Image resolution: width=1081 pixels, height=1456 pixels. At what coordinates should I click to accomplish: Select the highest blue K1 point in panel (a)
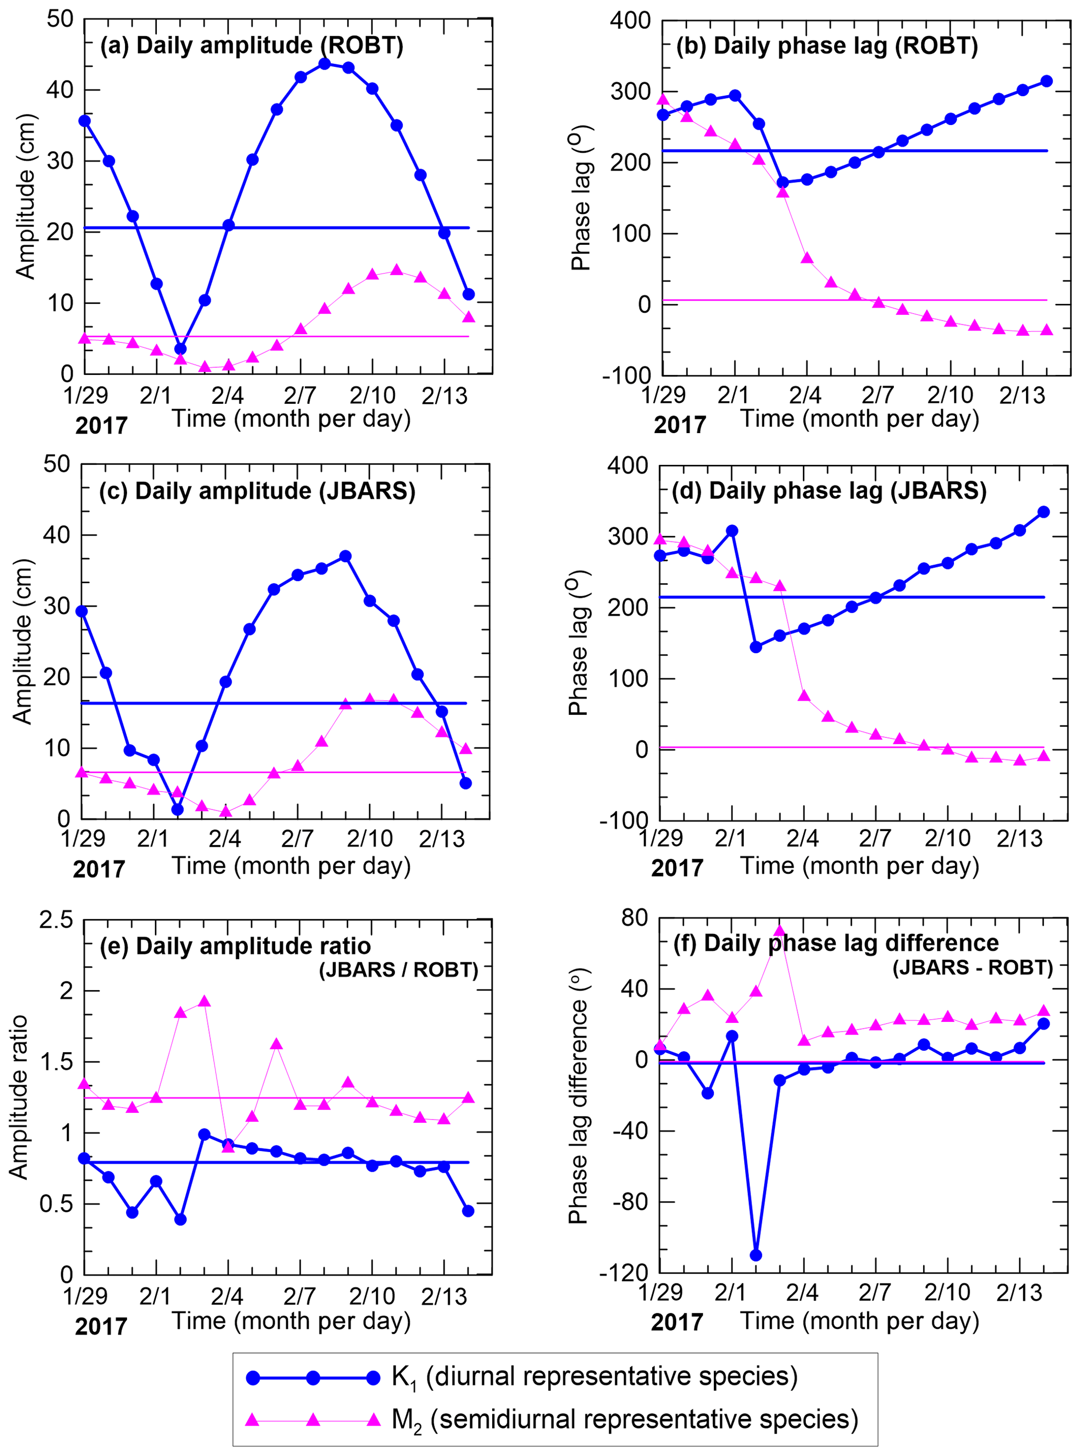[325, 63]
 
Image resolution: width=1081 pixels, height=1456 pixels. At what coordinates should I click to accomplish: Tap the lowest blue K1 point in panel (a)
[180, 349]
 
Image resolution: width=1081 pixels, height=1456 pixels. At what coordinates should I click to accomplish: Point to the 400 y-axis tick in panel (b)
[630, 20]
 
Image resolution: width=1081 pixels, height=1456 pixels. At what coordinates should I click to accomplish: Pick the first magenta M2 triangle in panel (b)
[663, 99]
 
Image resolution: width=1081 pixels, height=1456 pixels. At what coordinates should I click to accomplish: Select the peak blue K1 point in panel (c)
[346, 556]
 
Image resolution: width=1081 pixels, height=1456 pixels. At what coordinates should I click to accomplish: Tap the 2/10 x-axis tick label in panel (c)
[370, 839]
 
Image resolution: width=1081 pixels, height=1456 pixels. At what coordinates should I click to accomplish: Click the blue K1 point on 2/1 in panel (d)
[732, 531]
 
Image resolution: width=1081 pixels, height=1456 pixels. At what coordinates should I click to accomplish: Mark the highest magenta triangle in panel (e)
[204, 1002]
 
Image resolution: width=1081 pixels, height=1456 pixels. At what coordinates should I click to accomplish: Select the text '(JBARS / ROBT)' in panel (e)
[399, 970]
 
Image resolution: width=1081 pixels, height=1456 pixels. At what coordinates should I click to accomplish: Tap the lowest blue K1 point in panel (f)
[756, 1255]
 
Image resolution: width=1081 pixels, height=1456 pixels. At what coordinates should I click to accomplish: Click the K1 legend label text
[594, 1376]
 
